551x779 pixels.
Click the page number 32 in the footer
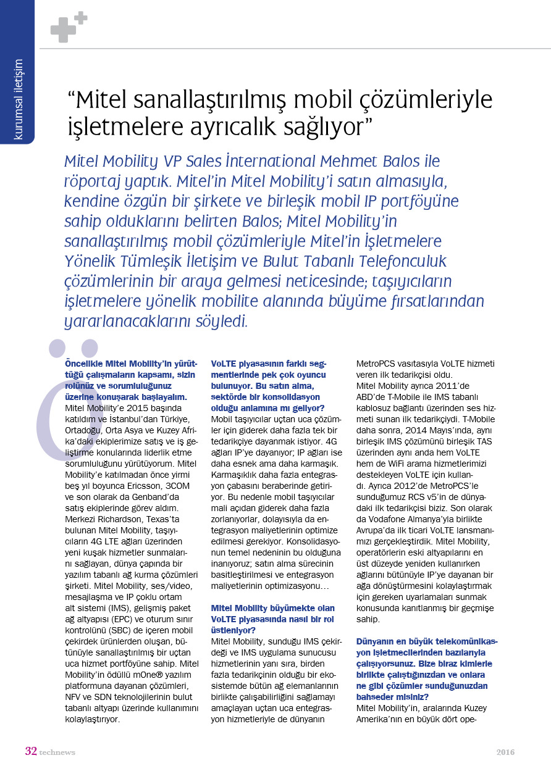click(x=31, y=751)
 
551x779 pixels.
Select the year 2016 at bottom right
click(x=505, y=752)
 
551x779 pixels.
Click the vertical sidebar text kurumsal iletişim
click(x=18, y=99)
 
